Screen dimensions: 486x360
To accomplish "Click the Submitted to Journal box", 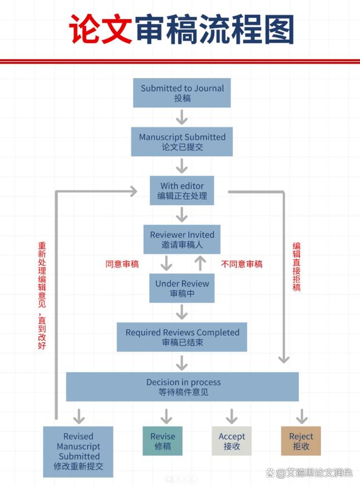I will tap(182, 93).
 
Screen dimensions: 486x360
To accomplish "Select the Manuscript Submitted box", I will tap(182, 142).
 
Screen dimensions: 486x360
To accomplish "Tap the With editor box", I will tap(182, 191).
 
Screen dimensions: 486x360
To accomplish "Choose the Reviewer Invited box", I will tap(182, 240).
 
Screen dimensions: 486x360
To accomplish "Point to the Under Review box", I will tap(182, 289).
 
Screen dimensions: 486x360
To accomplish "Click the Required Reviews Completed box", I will tap(182, 337).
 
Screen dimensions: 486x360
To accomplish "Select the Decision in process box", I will tap(182, 387).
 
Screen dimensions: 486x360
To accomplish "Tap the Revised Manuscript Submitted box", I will tap(78, 452).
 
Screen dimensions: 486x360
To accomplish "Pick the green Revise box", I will tap(162, 442).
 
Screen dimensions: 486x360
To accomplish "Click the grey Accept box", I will tap(231, 442).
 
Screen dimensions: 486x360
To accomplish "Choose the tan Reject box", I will tap(301, 442).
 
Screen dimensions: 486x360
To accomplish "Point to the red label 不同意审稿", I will tap(242, 264).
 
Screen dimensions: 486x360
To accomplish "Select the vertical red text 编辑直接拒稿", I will tap(297, 267).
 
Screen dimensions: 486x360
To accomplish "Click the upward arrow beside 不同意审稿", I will tap(200, 263).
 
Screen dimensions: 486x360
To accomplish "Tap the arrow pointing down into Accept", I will tap(231, 416).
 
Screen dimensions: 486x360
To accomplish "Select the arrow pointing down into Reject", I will tap(302, 416).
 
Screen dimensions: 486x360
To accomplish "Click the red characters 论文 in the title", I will tap(101, 29).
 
